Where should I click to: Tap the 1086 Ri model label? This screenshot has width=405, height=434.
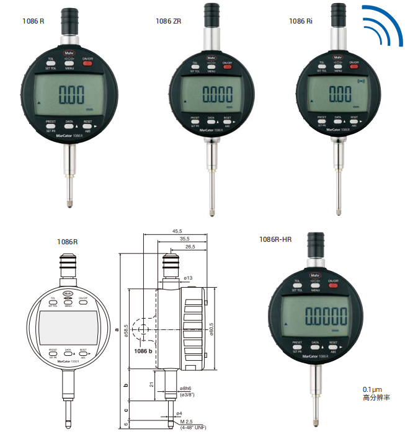click(301, 20)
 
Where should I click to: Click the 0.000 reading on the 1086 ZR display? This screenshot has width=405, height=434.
click(215, 94)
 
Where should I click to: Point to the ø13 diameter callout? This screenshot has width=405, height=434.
click(189, 278)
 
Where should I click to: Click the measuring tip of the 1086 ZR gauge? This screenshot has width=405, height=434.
click(214, 215)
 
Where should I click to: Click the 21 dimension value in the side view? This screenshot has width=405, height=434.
click(151, 384)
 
